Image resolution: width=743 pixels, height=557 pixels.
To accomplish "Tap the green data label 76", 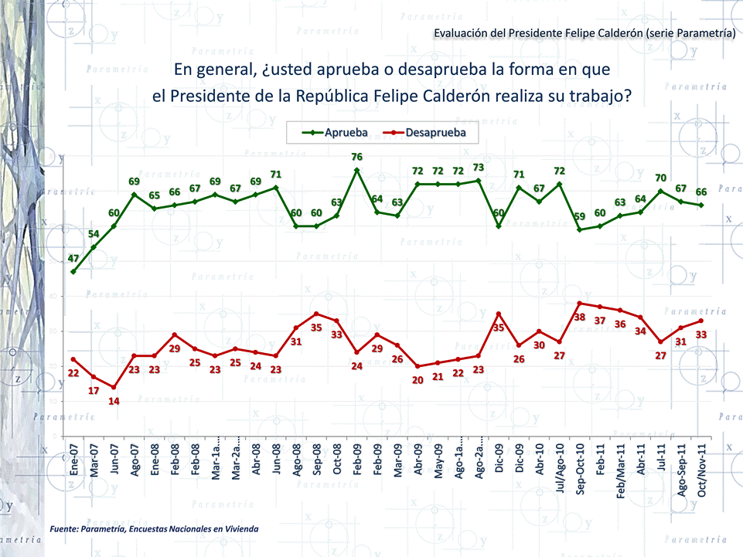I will coord(356,157).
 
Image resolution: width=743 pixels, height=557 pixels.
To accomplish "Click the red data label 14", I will coord(114,401).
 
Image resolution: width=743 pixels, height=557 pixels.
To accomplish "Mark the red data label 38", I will coord(579,317).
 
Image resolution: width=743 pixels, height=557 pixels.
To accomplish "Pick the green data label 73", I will coord(479,168).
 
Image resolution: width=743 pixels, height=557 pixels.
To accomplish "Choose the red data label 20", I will coord(418,379).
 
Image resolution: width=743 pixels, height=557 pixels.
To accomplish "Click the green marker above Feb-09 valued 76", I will coord(356,169).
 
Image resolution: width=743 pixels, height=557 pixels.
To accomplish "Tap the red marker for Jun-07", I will coord(114,388).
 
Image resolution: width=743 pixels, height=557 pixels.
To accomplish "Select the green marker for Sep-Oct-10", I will coord(580,229).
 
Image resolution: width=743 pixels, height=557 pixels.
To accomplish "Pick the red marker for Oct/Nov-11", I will coord(701,321).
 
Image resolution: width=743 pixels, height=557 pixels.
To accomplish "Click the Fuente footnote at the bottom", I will coord(153,528).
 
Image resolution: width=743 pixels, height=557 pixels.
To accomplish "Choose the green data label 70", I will coord(660,178).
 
